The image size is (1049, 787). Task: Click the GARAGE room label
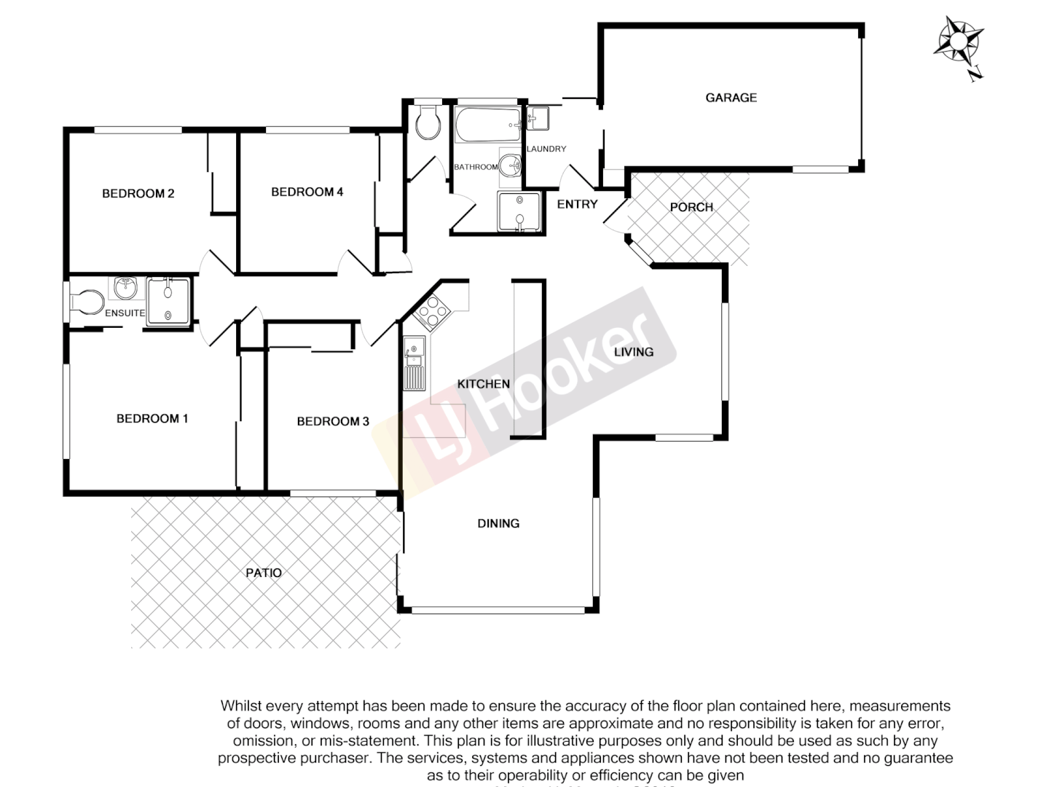tap(731, 98)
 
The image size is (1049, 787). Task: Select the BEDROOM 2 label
tap(138, 194)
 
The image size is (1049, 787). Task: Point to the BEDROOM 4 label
tap(307, 192)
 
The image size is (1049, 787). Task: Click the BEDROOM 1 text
tap(152, 419)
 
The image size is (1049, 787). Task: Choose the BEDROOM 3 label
tap(333, 422)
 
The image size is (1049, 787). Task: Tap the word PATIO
tap(263, 573)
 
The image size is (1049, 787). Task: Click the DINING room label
tap(498, 524)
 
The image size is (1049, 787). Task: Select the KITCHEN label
tap(483, 384)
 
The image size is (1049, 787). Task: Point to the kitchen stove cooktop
tap(432, 311)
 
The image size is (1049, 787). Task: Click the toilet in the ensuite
tap(87, 302)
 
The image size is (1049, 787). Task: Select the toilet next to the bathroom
tap(428, 124)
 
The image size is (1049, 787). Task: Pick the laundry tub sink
tap(538, 118)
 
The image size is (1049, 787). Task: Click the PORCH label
tap(691, 208)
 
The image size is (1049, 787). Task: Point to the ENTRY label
tap(577, 205)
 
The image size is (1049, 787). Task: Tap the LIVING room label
tap(633, 353)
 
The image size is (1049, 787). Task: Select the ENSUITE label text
tap(125, 313)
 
